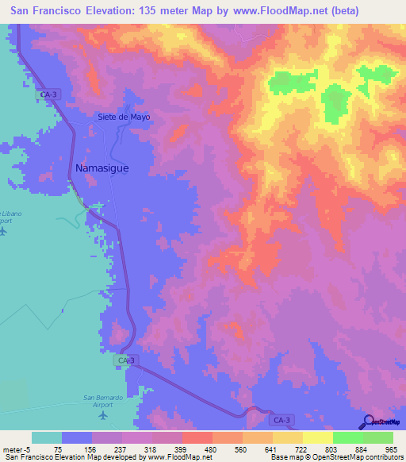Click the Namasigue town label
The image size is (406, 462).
tap(101, 168)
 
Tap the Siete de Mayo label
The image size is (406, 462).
tap(124, 117)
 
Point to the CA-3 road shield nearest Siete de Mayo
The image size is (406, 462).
tap(49, 94)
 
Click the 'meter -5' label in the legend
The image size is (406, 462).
tap(16, 449)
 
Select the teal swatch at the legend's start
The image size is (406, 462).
tap(47, 437)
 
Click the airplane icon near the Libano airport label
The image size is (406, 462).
tap(2, 232)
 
